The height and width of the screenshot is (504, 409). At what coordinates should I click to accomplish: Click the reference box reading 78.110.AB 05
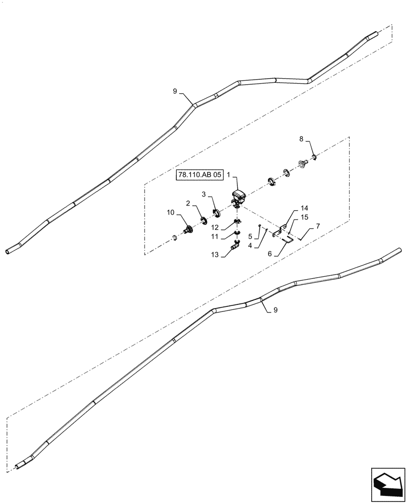coord(198,175)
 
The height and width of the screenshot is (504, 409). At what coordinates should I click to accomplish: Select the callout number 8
coord(302,139)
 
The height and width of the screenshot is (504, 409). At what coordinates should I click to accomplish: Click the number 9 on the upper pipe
coord(175,91)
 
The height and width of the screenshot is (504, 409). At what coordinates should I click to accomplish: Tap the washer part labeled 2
coord(204,220)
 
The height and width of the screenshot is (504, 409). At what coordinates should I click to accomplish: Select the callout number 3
coord(204,194)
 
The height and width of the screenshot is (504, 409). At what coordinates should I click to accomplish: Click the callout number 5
coord(250,236)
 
